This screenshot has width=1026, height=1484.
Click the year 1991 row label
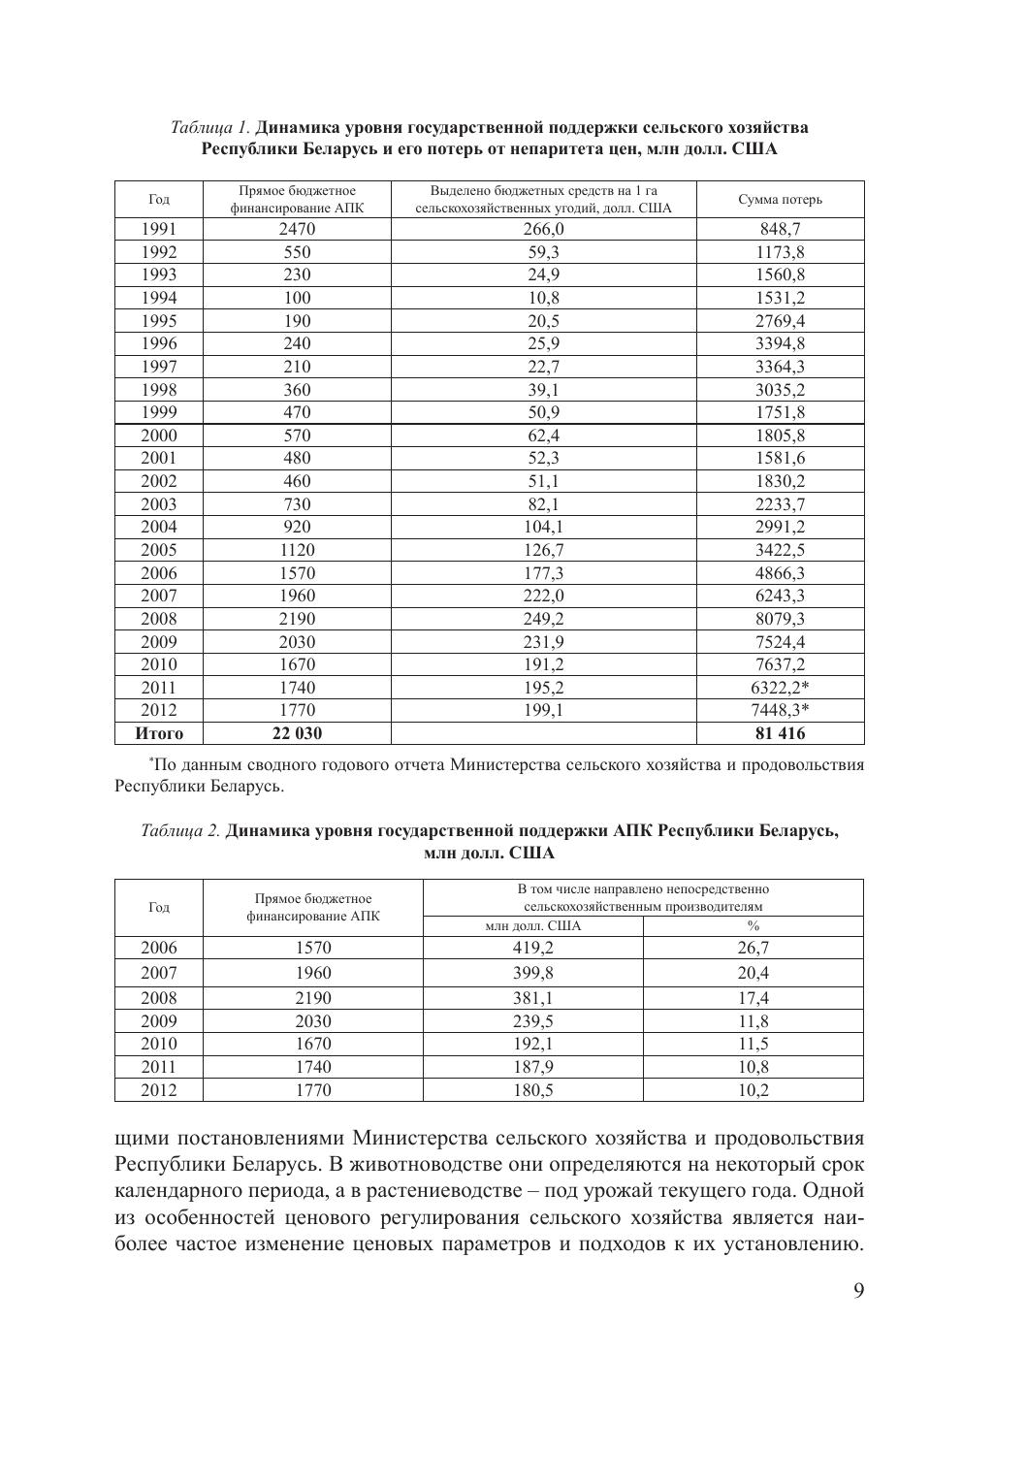point(159,230)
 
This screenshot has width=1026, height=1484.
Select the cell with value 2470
point(297,230)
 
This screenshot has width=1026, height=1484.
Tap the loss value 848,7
point(780,230)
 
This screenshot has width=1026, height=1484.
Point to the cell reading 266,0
point(543,230)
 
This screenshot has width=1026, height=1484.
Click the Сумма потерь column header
point(780,200)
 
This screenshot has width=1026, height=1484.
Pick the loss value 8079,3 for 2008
point(780,619)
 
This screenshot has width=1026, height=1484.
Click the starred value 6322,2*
point(782,688)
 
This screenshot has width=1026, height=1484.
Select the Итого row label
point(159,734)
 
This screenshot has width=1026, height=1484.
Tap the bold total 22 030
point(297,734)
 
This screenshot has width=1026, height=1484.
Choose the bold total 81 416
point(780,734)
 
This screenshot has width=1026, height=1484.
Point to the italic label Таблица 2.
point(181,831)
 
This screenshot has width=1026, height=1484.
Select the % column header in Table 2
point(753,926)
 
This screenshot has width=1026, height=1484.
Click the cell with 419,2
point(532,949)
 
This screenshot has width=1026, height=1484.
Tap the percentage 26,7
point(753,949)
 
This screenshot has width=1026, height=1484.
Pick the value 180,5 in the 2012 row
point(532,1090)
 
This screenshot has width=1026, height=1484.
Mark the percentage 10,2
point(753,1090)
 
